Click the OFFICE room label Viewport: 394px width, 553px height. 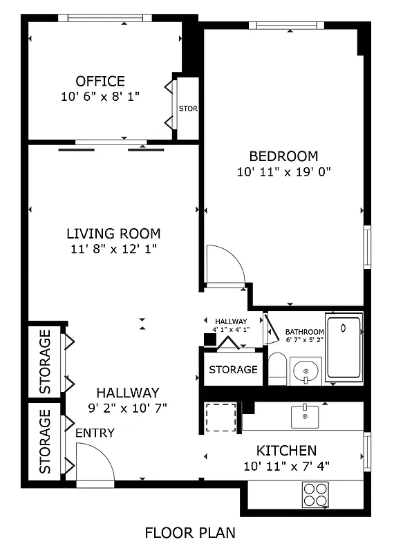[x=100, y=82]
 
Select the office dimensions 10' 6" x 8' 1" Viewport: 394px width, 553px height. [x=100, y=97]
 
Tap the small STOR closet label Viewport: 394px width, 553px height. [x=188, y=109]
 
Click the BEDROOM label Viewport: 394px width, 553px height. [x=283, y=156]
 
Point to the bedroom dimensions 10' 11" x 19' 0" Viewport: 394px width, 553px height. [x=283, y=172]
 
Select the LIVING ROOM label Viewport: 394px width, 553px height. [x=113, y=234]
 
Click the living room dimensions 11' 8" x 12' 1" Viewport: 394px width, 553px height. [x=113, y=249]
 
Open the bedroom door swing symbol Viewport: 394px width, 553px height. [x=225, y=264]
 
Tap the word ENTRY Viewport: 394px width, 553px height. [x=95, y=433]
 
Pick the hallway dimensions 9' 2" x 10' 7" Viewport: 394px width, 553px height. [x=127, y=407]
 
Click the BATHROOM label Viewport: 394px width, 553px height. [x=305, y=332]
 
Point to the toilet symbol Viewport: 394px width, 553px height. [x=277, y=369]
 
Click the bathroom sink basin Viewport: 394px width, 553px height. [x=305, y=373]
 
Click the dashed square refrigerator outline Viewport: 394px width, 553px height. [x=221, y=418]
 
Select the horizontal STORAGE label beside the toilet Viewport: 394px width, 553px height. [x=233, y=370]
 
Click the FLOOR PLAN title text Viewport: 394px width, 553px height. [x=190, y=533]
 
